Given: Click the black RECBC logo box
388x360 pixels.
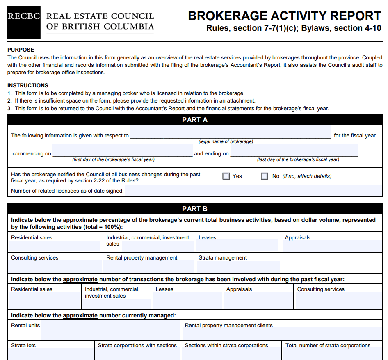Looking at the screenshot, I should point(24,23).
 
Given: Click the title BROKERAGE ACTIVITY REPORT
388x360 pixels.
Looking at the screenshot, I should point(284,16).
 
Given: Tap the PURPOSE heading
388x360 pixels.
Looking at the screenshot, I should point(21,50).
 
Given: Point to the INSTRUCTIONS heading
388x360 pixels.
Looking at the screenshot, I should point(28,86).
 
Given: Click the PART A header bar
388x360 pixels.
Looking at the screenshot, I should point(194,120).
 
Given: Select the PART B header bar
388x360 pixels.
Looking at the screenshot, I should point(194,209).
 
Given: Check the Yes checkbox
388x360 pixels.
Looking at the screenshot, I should point(226,176).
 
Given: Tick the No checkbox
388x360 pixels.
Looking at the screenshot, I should point(265,176).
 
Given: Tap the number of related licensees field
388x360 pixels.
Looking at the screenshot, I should point(253,191).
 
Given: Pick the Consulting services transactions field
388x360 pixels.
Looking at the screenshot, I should point(338,301).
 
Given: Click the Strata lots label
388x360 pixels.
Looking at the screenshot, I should point(23,345).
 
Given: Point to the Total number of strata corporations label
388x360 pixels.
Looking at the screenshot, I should point(328,345).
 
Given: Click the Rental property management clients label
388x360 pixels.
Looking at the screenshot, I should point(228,325).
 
